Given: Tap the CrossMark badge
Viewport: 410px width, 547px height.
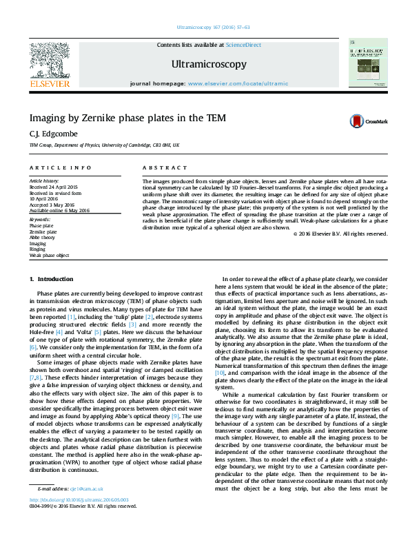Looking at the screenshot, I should point(369,121).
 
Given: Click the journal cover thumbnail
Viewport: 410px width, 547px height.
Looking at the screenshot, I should point(368,63).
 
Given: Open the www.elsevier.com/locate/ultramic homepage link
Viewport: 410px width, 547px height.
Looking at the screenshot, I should point(238,83).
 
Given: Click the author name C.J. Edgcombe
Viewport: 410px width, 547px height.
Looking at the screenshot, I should point(48,134).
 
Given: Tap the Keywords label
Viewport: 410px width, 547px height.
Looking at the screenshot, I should point(39,220).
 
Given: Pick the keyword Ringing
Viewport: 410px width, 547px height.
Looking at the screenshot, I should point(37,249).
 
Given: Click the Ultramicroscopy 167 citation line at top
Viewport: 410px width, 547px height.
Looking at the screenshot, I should point(213,27).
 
